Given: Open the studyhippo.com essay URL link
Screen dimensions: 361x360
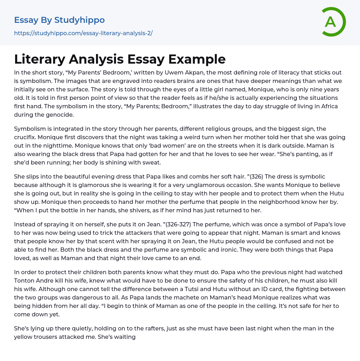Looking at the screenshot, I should point(83,33).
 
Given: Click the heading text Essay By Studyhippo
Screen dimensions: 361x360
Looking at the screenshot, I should point(59,20).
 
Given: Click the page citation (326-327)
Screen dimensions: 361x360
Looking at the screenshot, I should point(181,224).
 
